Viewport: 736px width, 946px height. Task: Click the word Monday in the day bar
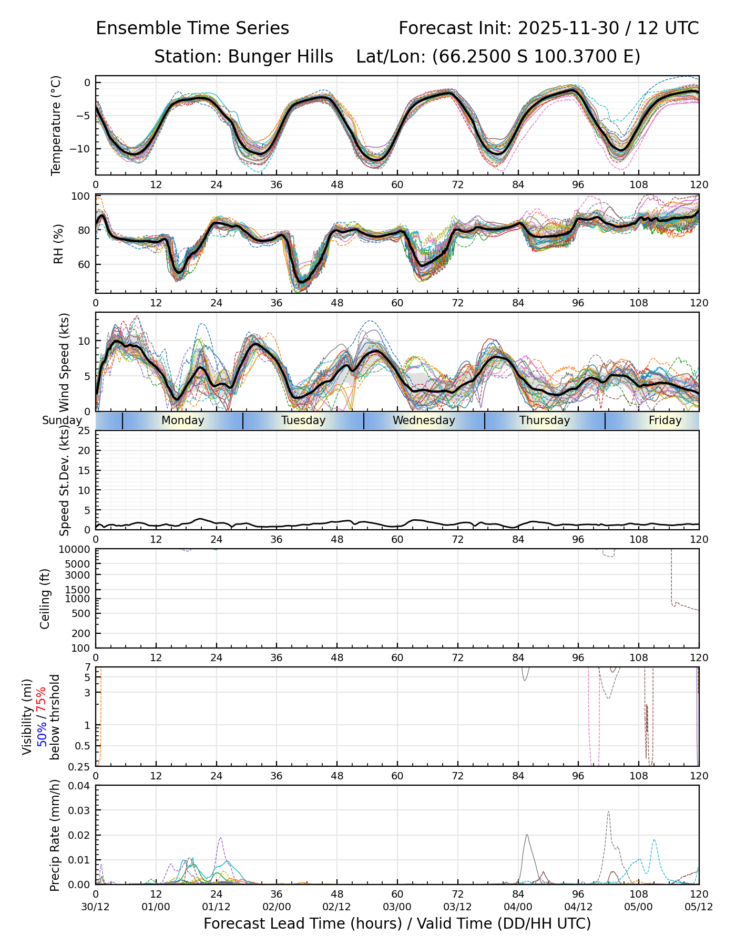182,420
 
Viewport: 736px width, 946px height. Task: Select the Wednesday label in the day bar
424,420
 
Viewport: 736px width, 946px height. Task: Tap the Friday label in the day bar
665,420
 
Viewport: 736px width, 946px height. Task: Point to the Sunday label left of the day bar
62,420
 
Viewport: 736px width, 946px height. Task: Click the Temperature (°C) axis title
56,125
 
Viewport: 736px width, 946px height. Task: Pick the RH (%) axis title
58,244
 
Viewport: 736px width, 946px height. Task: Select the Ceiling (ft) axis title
46,599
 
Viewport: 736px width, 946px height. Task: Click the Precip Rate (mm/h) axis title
55,835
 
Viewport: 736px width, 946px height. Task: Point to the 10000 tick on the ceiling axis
76,550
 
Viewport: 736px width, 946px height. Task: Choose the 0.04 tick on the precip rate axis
79,786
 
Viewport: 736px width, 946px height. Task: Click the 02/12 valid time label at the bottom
337,907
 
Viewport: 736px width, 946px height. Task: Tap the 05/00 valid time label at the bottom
639,907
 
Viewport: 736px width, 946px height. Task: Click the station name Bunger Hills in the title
280,57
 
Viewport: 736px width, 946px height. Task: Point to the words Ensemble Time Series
192,28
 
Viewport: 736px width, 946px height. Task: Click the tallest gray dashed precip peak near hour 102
608,811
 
